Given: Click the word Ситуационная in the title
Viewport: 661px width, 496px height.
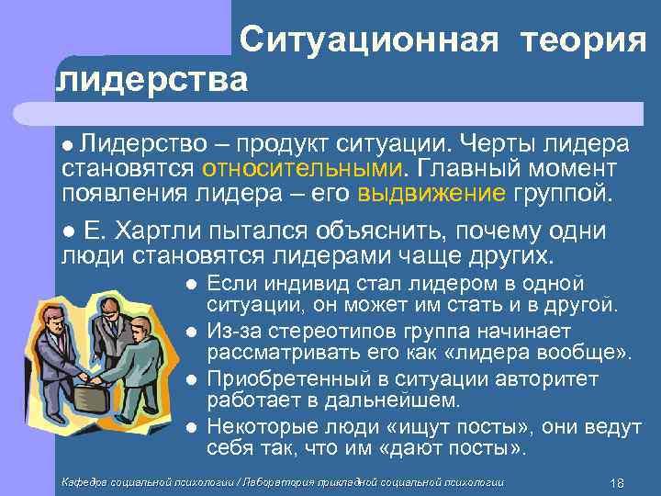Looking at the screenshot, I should tap(369, 40).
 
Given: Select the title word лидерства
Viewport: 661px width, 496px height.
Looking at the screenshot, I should tap(152, 80).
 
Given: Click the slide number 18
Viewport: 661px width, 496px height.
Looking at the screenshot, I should tap(616, 482).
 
